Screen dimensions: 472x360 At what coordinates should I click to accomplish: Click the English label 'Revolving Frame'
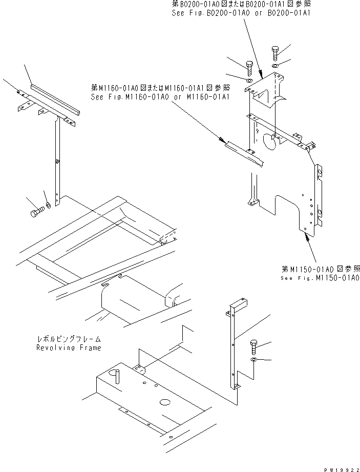pos(68,347)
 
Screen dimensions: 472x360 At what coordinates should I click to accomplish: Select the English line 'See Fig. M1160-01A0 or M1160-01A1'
pos(159,96)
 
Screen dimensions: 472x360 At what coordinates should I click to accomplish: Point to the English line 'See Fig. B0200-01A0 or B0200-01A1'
pos(241,12)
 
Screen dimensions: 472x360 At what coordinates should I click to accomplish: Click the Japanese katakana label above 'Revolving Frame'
pos(69,339)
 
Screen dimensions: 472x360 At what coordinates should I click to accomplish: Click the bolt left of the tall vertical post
pos(35,211)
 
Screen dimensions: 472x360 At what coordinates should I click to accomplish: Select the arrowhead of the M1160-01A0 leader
pos(222,140)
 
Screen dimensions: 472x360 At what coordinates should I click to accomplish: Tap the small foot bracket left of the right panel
pos(251,203)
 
